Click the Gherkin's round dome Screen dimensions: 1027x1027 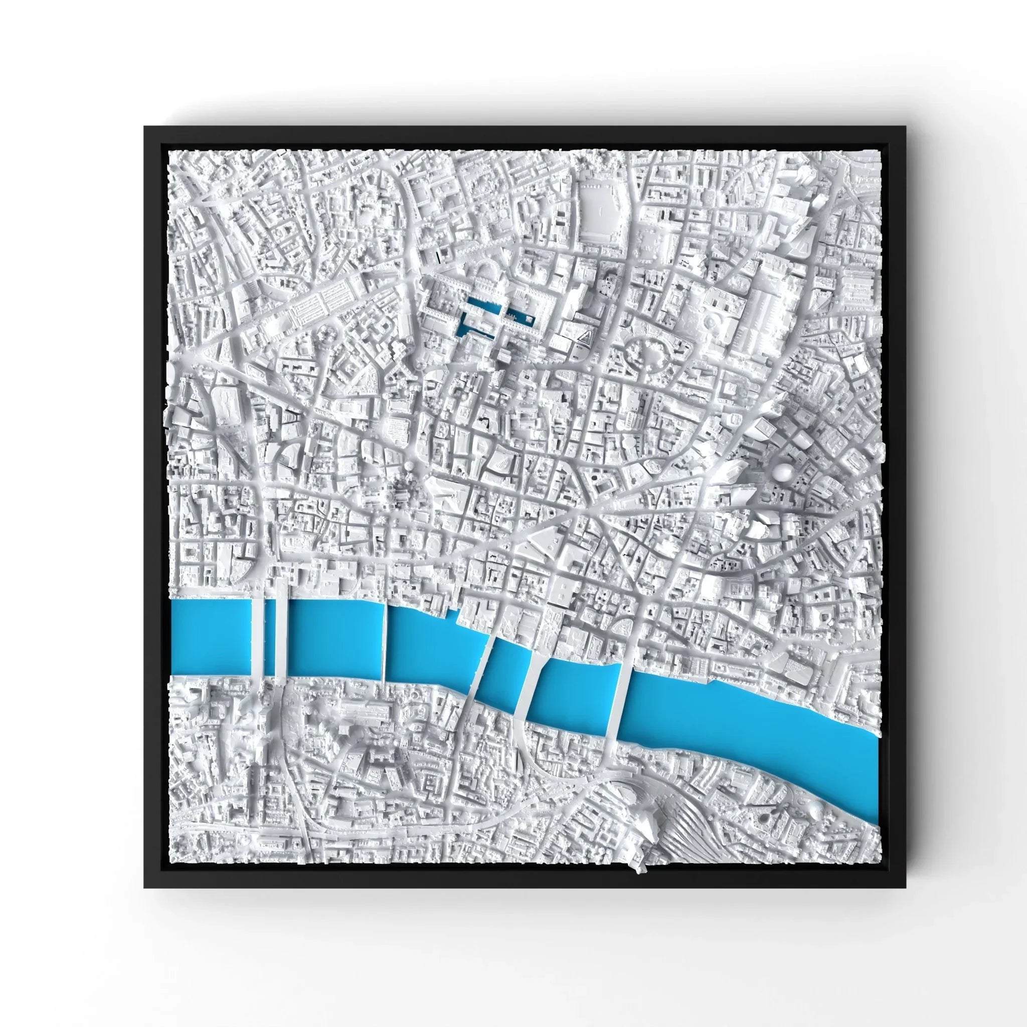coord(785,471)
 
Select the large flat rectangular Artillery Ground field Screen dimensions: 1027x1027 coord(600,213)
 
